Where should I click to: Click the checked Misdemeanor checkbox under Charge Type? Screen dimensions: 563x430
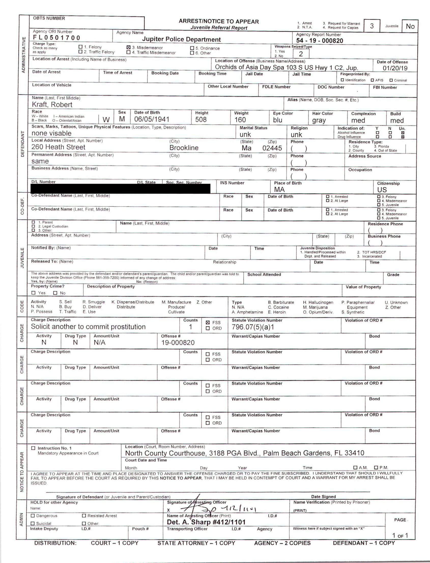coord(128,47)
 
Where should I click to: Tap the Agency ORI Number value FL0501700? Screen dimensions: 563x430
coord(56,38)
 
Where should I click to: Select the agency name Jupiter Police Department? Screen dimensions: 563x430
coord(181,39)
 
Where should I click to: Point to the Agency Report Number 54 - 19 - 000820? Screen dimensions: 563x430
coord(319,40)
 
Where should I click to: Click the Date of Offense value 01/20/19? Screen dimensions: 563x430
coord(395,68)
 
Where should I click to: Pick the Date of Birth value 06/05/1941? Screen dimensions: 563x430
coord(152,119)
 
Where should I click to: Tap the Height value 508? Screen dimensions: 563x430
coord(201,120)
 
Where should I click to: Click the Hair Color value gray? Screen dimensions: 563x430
coord(319,120)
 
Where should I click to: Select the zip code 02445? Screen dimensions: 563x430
coord(272,148)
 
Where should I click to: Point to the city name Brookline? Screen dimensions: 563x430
coord(184,147)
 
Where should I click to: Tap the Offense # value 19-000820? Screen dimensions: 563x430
coord(178,343)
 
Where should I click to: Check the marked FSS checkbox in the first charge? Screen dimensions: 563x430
coord(208,322)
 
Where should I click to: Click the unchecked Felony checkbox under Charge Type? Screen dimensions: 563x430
coord(80,47)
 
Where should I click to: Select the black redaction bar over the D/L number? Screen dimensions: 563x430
coord(120,188)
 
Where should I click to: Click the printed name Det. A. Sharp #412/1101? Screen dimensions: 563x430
coord(206,522)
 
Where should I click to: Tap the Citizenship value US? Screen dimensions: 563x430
coord(382,189)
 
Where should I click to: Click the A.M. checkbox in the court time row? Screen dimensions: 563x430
coord(355,468)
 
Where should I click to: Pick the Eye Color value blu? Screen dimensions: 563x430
coord(277,120)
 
